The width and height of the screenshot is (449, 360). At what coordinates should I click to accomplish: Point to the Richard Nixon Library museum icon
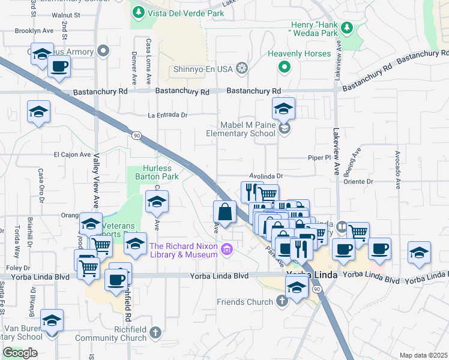[227, 249]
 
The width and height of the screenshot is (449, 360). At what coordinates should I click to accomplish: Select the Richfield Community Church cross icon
[155, 331]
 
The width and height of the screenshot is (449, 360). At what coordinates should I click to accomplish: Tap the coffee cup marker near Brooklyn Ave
[59, 66]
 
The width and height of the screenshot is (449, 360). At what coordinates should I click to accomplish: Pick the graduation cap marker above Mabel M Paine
[283, 109]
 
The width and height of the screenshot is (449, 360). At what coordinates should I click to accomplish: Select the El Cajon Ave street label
[71, 154]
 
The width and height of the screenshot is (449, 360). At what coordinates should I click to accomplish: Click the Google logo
[20, 353]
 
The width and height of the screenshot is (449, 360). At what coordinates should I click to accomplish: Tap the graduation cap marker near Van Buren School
[52, 321]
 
